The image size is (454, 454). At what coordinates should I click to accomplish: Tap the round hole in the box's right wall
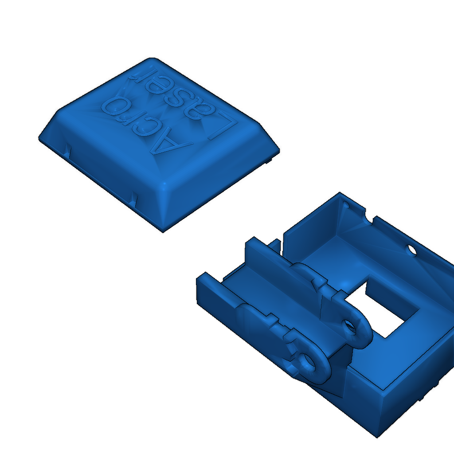pos(412,250)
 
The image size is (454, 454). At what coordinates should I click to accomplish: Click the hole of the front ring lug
pos(306,361)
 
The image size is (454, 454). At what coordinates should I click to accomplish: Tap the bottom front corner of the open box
pos(378,434)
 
